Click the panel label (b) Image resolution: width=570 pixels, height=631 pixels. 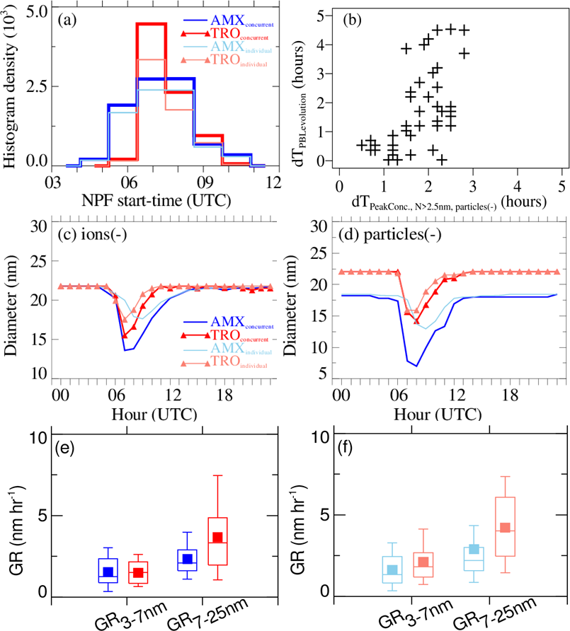click(x=353, y=20)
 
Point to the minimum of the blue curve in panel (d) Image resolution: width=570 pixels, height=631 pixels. click(x=417, y=366)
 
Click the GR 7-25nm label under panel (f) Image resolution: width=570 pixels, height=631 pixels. click(x=496, y=609)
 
